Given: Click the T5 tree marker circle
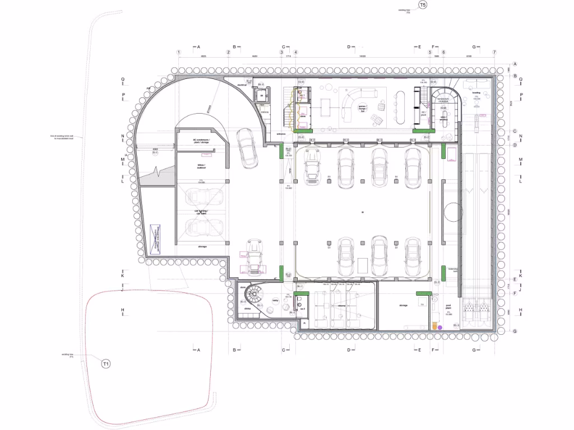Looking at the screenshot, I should pos(423,5).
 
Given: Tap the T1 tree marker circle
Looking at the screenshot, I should pos(106,364).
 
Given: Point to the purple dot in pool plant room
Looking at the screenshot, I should pos(439,327).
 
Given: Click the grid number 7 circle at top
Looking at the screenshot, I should pos(494,53).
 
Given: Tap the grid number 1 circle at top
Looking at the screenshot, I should pos(179,53).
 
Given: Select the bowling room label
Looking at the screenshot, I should pos(476,94).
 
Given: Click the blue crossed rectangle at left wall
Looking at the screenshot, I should pos(158,240).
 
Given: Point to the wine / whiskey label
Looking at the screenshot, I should pos(444,119).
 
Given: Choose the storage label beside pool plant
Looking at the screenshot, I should pos(404,305).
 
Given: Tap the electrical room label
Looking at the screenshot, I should pos(243,85).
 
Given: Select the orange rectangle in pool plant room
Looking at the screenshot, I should pos(434,325).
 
